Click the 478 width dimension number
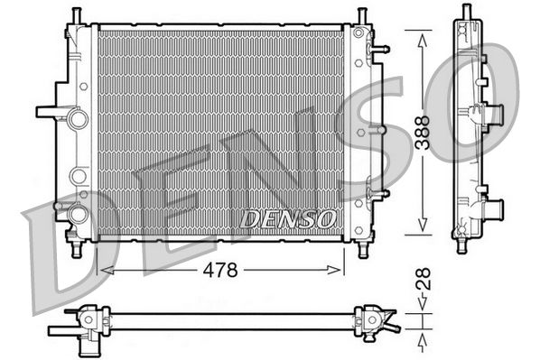click(x=220, y=270)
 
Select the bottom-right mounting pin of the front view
click(x=362, y=247)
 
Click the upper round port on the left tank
click(x=78, y=118)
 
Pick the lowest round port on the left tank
click(x=78, y=214)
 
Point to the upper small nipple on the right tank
click(x=380, y=49)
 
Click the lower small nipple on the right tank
click(x=380, y=192)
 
